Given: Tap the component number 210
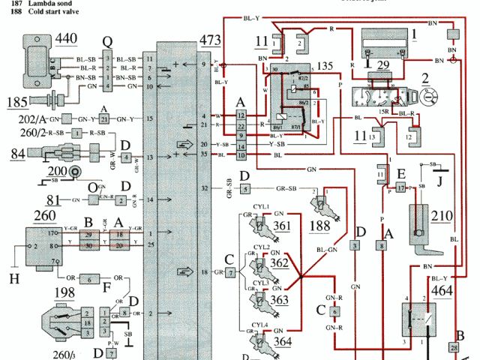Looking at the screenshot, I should [x=442, y=217].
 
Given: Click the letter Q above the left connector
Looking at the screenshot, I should [x=108, y=43].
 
